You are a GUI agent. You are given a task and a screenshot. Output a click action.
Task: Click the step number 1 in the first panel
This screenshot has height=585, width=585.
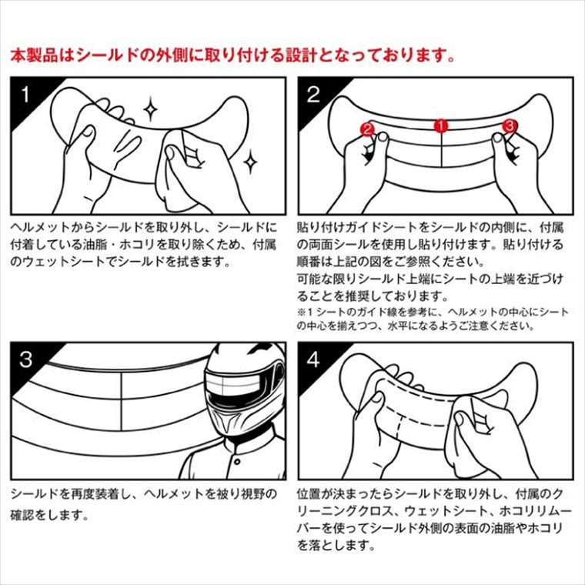click(x=25, y=95)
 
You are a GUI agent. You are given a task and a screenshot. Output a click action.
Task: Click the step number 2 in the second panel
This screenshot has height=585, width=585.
click(x=313, y=95)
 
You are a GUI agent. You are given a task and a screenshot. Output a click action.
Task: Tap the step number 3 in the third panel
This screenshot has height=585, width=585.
click(x=25, y=359)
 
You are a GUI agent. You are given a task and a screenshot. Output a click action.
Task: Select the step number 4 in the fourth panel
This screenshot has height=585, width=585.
click(x=313, y=359)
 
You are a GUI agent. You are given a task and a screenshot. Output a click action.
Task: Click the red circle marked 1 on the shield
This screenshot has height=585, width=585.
click(x=441, y=125)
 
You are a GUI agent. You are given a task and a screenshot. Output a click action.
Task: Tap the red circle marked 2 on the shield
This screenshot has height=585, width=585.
click(x=367, y=129)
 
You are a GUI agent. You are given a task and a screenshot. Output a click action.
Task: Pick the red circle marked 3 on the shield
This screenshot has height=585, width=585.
click(x=510, y=125)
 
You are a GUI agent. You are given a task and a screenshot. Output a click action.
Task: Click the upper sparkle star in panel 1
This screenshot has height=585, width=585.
click(x=150, y=109)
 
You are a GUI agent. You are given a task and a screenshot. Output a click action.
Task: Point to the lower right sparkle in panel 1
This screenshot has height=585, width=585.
click(x=250, y=161)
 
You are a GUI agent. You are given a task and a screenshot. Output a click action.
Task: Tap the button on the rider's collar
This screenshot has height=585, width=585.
click(x=237, y=463)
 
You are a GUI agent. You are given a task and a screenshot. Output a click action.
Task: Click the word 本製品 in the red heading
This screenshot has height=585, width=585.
click(x=35, y=55)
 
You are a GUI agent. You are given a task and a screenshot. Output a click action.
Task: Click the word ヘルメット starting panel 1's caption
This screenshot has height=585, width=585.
click(x=40, y=228)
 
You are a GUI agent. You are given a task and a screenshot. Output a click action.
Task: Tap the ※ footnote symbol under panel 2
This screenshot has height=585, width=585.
click(x=301, y=312)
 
